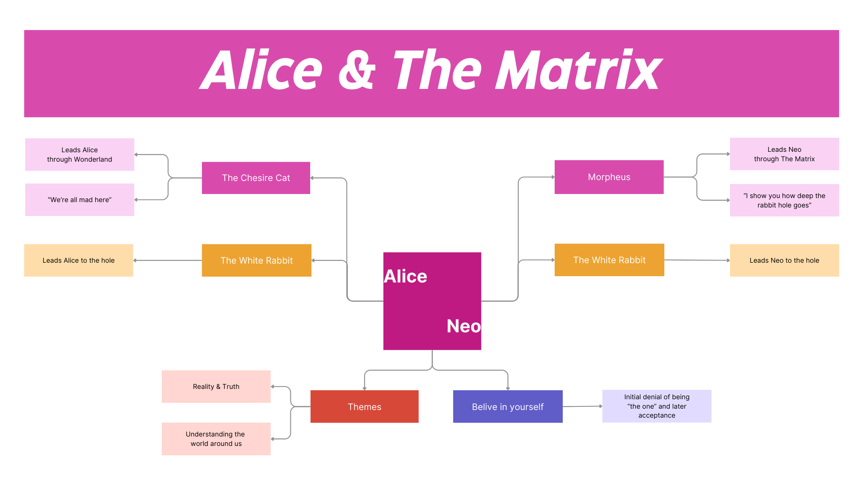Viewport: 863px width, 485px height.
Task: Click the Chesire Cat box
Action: pyautogui.click(x=256, y=178)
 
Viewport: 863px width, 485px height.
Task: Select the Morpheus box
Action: pyautogui.click(x=609, y=177)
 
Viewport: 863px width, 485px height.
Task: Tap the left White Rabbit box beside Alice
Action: pyautogui.click(x=257, y=260)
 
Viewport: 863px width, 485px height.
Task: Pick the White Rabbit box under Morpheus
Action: pyautogui.click(x=609, y=260)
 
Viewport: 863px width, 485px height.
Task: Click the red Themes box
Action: pyautogui.click(x=365, y=406)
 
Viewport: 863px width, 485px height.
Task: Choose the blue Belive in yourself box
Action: pyautogui.click(x=507, y=406)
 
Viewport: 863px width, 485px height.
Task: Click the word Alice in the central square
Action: pyautogui.click(x=405, y=276)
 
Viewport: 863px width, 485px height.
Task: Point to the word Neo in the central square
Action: pyautogui.click(x=463, y=326)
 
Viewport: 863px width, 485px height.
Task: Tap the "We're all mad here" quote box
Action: pyautogui.click(x=80, y=200)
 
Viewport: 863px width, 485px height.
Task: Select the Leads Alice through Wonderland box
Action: pyautogui.click(x=80, y=154)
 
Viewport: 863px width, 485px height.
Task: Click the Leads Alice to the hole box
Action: pyautogui.click(x=79, y=260)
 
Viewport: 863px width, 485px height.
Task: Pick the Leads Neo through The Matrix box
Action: pyautogui.click(x=784, y=154)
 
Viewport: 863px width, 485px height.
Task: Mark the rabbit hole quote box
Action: pyautogui.click(x=784, y=200)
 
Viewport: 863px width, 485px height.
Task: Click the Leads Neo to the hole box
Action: pyautogui.click(x=784, y=260)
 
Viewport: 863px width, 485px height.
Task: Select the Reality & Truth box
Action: pyautogui.click(x=216, y=387)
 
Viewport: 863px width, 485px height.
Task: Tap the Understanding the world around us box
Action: pyautogui.click(x=216, y=439)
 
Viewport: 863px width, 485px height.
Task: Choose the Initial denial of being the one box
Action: pyautogui.click(x=657, y=406)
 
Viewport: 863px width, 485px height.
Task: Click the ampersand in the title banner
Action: pyautogui.click(x=357, y=70)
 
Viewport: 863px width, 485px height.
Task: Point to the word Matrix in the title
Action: pyautogui.click(x=578, y=70)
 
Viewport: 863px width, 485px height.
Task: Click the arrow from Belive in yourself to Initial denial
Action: pyautogui.click(x=583, y=406)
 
